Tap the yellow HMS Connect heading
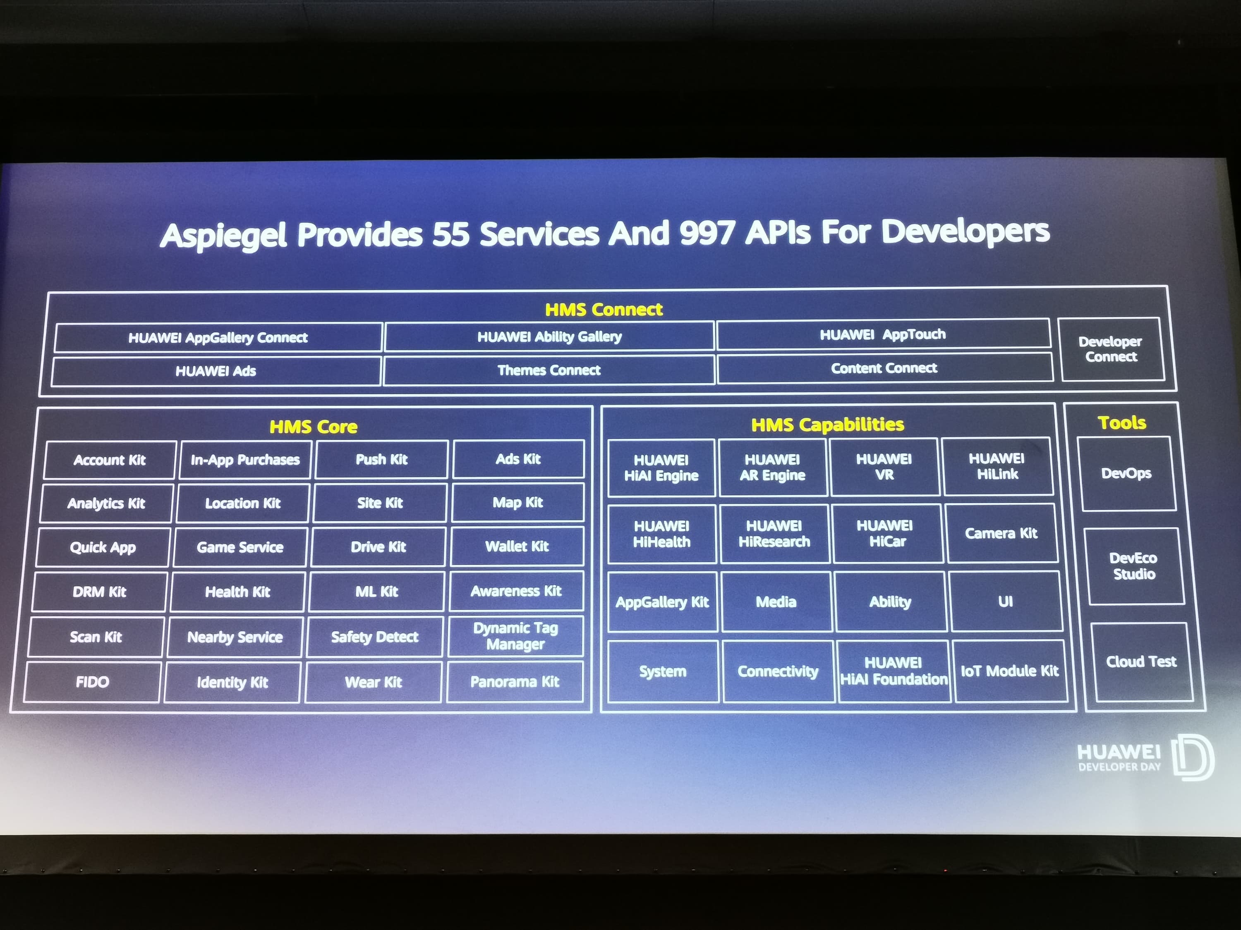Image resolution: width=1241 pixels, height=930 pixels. pos(604,310)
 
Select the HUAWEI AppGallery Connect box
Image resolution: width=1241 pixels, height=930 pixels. pos(218,337)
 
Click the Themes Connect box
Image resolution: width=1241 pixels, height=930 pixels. pos(549,370)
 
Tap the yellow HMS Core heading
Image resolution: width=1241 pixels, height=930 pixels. pos(313,427)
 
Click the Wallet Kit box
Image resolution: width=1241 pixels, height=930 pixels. pos(517,546)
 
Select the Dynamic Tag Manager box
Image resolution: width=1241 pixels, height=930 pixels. pos(515,636)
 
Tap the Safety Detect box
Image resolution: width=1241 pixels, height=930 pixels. pos(374,637)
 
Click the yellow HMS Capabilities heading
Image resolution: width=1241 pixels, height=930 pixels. pos(827,424)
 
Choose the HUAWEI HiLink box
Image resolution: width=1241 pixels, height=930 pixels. pos(997,466)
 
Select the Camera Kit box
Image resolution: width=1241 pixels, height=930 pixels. pos(1001,533)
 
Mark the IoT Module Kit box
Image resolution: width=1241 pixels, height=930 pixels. pos(1010,671)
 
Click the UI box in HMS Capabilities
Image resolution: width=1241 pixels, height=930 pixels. pos(1005,601)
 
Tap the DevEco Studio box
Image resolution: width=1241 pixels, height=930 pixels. pos(1134,566)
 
